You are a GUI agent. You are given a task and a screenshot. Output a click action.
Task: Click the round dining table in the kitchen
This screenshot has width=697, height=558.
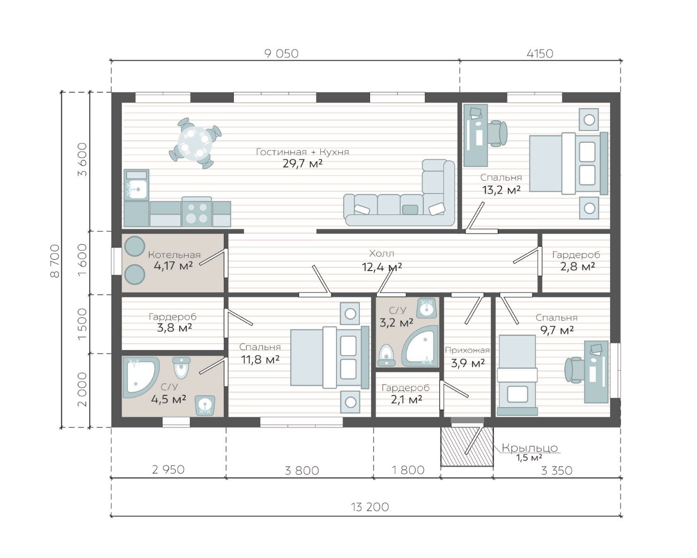click(195, 143)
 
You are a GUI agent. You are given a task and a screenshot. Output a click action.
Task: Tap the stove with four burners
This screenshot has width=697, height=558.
click(196, 212)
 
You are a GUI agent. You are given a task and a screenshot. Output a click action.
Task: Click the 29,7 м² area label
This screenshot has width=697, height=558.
click(302, 164)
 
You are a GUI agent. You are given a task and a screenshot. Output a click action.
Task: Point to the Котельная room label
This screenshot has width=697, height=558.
click(174, 255)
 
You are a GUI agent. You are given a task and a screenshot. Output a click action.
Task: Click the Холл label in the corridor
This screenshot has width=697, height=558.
click(382, 254)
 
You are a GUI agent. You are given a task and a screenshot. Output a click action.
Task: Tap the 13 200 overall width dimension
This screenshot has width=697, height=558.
click(370, 507)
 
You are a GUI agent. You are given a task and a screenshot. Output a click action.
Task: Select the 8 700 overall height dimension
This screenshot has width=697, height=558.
click(55, 261)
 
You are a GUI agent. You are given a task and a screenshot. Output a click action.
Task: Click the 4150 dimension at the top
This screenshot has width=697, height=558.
click(540, 54)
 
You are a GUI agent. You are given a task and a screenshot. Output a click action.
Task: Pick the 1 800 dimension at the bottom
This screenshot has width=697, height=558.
click(408, 470)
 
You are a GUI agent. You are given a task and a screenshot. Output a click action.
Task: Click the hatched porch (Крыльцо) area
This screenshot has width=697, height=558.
click(467, 447)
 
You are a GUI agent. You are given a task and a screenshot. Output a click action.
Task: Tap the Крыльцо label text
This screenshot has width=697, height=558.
click(530, 448)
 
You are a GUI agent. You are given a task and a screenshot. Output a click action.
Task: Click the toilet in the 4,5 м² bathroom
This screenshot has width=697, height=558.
click(181, 368)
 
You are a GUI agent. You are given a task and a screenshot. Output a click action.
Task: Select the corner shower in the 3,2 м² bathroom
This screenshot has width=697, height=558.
click(420, 346)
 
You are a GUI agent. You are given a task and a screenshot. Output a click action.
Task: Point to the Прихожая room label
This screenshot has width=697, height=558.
click(467, 350)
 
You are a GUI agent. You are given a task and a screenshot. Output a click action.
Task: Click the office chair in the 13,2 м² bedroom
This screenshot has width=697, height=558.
click(498, 133)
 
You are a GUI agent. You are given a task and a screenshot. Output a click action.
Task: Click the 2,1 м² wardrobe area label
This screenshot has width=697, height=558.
click(406, 400)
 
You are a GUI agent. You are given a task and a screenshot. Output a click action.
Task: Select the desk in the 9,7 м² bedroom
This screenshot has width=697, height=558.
click(596, 372)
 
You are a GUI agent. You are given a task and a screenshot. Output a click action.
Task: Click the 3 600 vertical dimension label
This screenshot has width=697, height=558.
click(83, 159)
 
